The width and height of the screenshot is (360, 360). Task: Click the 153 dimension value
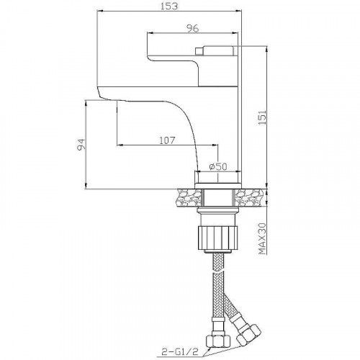coord(169,6)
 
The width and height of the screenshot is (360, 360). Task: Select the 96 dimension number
coord(193,28)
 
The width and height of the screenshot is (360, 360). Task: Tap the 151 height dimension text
coord(262,117)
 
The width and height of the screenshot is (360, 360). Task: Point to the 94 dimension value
coord(81,145)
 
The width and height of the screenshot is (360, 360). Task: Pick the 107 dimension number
coord(167,140)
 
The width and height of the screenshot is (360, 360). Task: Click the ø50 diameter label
coord(218,166)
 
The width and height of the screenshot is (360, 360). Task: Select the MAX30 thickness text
coord(262,238)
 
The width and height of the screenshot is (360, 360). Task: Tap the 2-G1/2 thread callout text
coord(180,351)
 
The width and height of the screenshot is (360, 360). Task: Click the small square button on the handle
coord(199,51)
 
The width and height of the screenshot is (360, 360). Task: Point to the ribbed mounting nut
coord(217,238)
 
